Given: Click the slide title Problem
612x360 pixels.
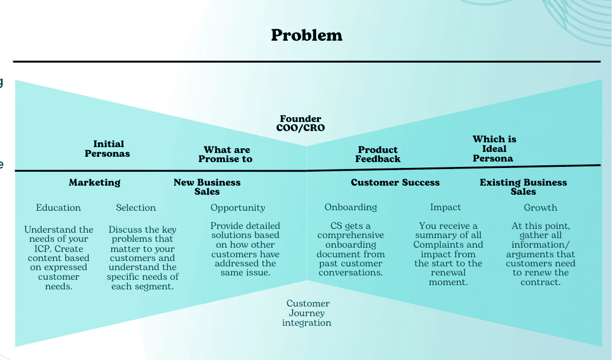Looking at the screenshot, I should tap(307, 35).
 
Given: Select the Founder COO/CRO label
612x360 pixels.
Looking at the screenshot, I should tap(301, 123).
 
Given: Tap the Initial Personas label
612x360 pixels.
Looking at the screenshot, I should tap(108, 149).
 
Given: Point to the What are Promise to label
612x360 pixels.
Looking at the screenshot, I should tap(226, 154).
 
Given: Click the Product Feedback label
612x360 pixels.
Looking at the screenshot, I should tap(378, 154).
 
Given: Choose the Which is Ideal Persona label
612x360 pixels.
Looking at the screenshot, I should tap(494, 149).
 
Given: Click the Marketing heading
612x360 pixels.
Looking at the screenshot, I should tap(95, 182).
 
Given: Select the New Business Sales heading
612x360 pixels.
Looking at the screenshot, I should tap(207, 187).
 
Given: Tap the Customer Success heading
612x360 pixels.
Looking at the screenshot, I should tap(395, 182).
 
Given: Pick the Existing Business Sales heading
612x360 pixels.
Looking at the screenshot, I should tap(523, 187).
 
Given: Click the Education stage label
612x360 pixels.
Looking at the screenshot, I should tap(58, 208).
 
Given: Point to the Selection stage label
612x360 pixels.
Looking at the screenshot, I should tap(136, 208).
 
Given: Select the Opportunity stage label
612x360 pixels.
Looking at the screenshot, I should tap(238, 208).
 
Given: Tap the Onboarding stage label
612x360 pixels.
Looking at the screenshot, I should tap(350, 207).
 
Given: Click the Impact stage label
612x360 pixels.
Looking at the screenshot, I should tap(445, 207).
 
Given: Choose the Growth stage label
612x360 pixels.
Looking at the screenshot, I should tap(540, 208).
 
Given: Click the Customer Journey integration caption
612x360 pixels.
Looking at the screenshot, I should tap(307, 313).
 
